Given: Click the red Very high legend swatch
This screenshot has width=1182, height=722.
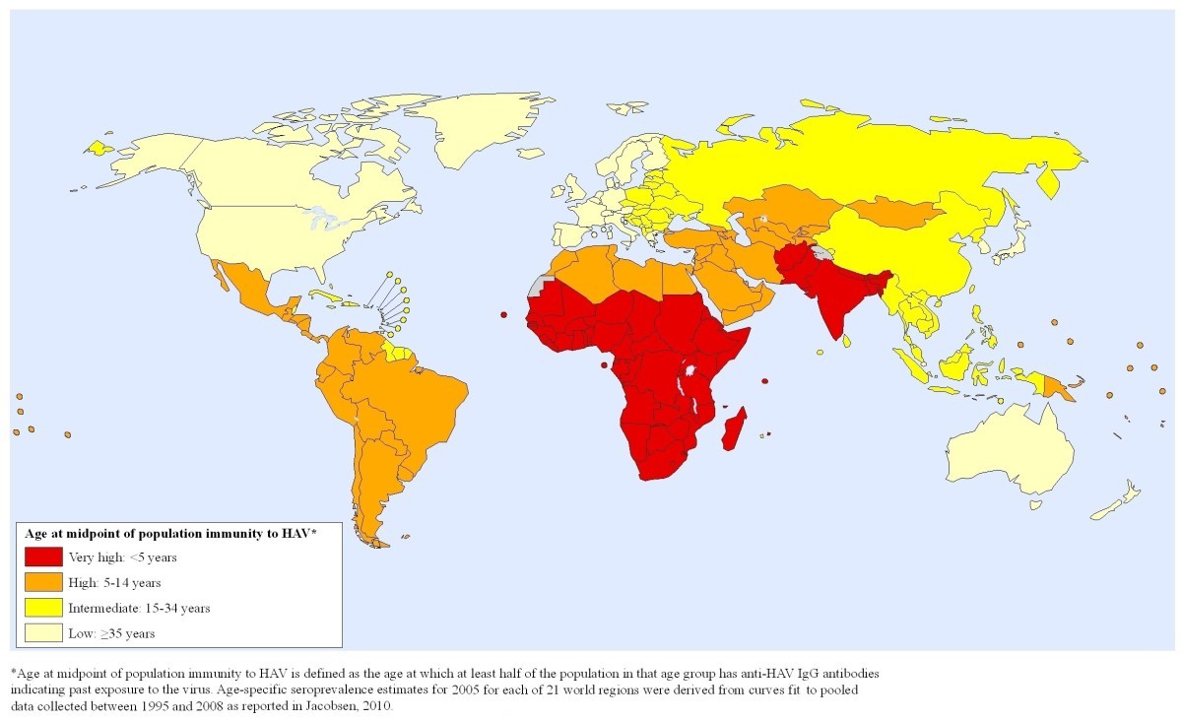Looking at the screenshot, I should pyautogui.click(x=44, y=557).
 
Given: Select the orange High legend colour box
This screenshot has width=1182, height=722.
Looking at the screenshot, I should pyautogui.click(x=44, y=582).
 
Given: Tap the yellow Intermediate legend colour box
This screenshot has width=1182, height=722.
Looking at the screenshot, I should pyautogui.click(x=44, y=608).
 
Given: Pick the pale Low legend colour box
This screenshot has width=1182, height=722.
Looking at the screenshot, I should pyautogui.click(x=44, y=633).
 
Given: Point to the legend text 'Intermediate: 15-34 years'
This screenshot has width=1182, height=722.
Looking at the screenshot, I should pyautogui.click(x=139, y=609).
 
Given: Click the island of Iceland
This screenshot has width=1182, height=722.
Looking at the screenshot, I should pyautogui.click(x=531, y=154).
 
